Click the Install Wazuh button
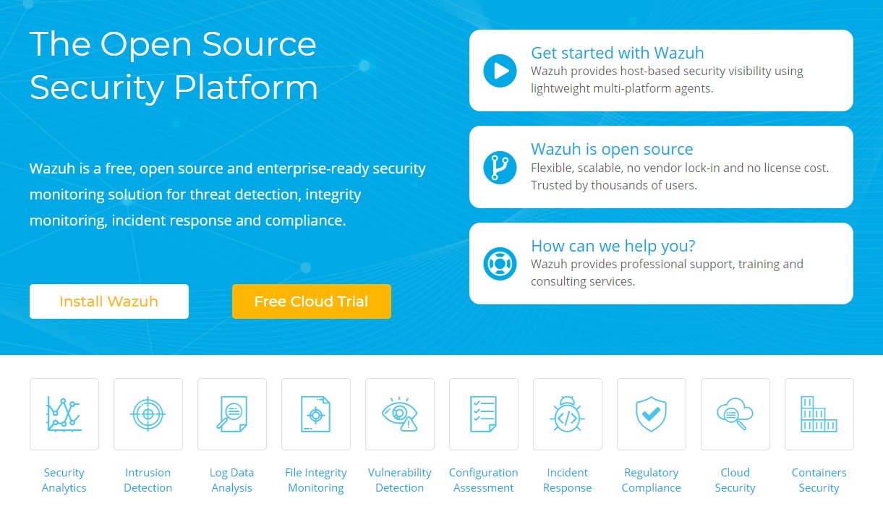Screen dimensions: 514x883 (x=108, y=301)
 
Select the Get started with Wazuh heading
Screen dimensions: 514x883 (x=617, y=53)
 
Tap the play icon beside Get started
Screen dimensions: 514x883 (x=500, y=71)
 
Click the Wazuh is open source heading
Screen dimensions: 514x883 (x=612, y=149)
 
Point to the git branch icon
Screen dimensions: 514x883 (x=500, y=167)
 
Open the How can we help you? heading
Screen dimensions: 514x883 (x=613, y=246)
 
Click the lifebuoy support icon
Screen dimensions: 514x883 (x=500, y=264)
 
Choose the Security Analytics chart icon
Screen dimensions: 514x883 (x=64, y=414)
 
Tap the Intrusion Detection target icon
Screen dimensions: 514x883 (x=148, y=414)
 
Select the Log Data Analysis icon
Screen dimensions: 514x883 (x=232, y=414)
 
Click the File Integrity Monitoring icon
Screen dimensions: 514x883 (x=316, y=414)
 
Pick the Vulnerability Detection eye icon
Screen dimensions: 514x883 (x=400, y=414)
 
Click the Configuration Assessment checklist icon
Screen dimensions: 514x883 (x=484, y=414)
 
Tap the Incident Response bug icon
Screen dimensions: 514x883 (x=568, y=414)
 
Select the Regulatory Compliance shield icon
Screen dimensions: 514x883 (x=652, y=414)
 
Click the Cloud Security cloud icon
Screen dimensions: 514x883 (x=735, y=414)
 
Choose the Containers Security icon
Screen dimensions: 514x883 (x=819, y=414)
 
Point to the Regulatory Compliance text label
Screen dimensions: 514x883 (x=652, y=480)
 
